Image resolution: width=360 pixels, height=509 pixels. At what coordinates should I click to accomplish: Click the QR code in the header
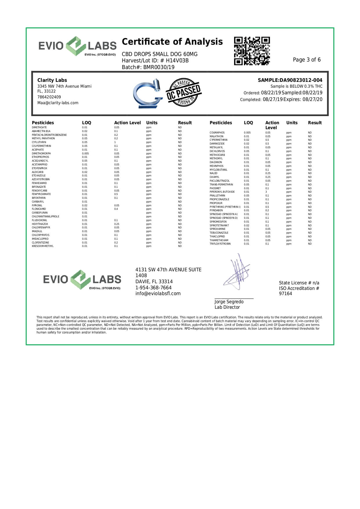click(x=252, y=51)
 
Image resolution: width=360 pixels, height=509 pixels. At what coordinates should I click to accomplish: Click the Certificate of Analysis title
click(x=172, y=42)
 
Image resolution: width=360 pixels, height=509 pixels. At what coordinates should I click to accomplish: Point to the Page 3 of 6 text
click(x=307, y=60)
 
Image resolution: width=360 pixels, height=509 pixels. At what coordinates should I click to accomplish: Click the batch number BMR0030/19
click(x=158, y=67)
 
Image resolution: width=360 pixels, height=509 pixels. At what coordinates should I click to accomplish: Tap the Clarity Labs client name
click(x=52, y=80)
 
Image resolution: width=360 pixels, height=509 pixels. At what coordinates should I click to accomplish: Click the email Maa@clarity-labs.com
click(x=58, y=103)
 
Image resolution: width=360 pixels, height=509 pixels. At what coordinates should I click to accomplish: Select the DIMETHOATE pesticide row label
click(x=39, y=127)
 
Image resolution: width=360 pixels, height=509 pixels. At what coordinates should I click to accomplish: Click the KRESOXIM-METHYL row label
click(x=43, y=246)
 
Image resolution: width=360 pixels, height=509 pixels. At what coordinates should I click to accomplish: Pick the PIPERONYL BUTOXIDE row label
click(x=222, y=192)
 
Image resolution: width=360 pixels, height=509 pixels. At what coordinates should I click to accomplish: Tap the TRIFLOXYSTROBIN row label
click(x=220, y=244)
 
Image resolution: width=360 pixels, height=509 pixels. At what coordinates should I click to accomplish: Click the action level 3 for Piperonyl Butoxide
click(x=266, y=192)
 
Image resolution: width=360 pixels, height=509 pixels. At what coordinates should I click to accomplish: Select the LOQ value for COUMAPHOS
click(x=247, y=133)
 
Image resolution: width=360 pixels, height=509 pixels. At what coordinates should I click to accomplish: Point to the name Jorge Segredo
click(x=229, y=302)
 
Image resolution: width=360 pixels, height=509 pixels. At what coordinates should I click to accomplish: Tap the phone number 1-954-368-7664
click(x=153, y=288)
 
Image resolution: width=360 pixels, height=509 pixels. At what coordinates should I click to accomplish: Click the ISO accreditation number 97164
click(x=285, y=294)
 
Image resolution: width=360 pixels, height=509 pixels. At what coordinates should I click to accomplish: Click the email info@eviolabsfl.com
click(x=158, y=294)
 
